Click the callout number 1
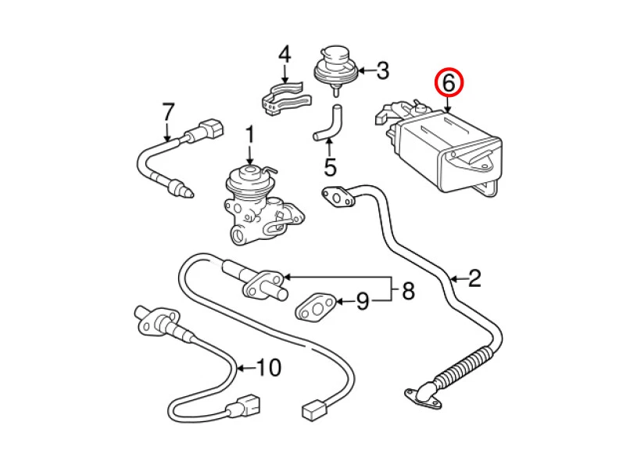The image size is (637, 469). tap(250, 135)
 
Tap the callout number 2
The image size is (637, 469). tap(474, 277)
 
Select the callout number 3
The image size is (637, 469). tap(381, 72)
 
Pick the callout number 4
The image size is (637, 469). tap(285, 55)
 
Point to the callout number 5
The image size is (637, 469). tap(329, 166)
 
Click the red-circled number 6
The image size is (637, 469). tap(449, 81)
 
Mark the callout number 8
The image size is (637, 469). tap(407, 292)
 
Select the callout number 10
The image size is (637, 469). tap(268, 367)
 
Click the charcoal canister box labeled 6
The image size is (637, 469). tap(449, 152)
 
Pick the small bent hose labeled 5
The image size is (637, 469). tap(328, 123)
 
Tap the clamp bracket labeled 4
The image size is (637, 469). tap(284, 99)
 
